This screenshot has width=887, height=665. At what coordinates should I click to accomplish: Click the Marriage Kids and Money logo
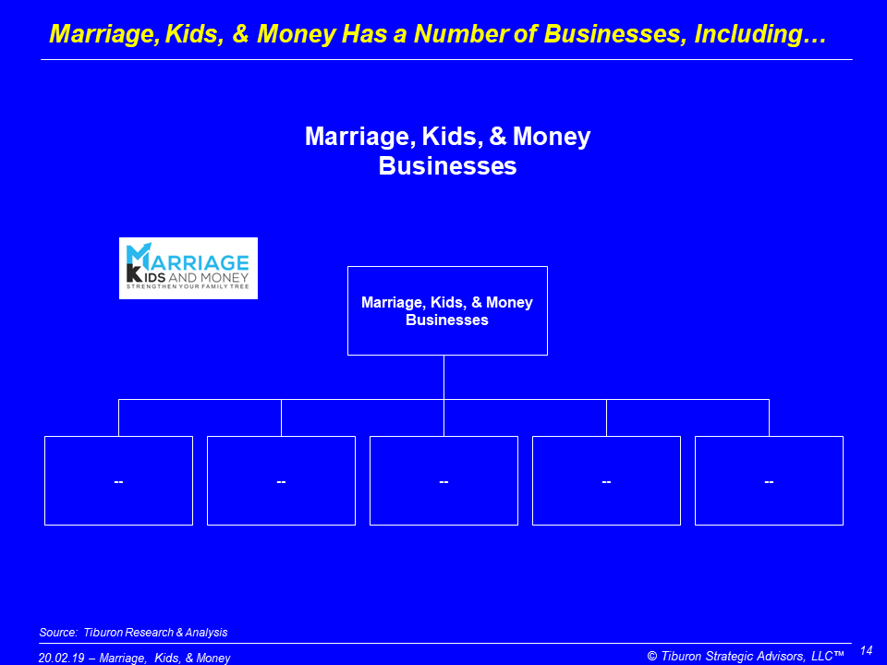188,268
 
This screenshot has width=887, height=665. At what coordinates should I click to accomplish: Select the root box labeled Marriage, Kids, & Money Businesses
447,310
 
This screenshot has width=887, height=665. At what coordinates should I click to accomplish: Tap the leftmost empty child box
119,480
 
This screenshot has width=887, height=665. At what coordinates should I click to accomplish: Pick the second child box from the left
281,480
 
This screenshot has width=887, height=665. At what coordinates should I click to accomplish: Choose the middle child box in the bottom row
444,480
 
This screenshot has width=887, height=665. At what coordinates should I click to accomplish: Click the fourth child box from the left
606,480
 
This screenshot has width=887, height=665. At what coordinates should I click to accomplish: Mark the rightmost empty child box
770,480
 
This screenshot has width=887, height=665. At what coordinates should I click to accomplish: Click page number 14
866,650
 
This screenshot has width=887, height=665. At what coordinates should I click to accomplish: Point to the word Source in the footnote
57,632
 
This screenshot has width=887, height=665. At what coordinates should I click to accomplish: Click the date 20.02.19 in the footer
61,658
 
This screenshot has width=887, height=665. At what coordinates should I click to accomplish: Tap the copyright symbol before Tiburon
652,656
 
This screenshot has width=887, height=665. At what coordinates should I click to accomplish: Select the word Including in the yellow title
760,34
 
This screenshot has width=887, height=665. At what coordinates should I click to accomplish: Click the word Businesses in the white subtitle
447,165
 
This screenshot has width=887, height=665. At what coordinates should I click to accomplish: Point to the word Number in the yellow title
460,34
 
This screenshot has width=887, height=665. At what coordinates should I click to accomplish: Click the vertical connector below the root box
444,377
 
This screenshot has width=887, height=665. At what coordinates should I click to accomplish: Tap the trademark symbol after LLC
839,654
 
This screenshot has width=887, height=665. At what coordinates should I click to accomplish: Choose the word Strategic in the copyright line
730,656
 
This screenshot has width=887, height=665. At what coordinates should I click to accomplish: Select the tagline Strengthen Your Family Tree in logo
188,286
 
